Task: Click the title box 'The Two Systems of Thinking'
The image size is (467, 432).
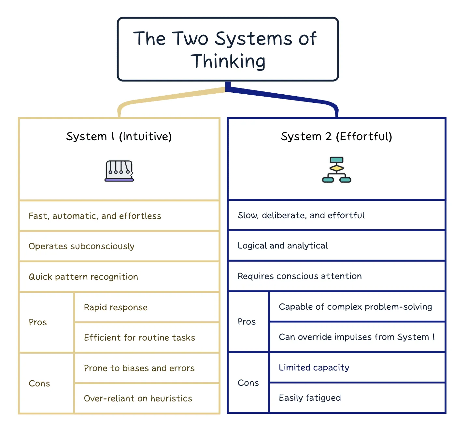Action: coord(228,49)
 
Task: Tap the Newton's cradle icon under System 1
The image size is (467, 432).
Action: coord(119,171)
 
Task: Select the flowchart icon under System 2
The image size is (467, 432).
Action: coord(336,169)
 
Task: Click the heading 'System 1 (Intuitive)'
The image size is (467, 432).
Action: coord(119,137)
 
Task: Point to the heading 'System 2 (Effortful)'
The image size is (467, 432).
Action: coord(336,137)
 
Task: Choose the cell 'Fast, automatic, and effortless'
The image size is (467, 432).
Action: coord(119,216)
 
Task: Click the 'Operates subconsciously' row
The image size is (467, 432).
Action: coord(119,246)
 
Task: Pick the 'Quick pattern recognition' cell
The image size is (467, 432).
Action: coord(119,277)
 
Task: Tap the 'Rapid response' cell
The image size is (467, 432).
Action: coord(147,307)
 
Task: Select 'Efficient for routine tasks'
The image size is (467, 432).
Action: coord(147,338)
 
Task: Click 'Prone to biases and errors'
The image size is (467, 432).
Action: coord(147,368)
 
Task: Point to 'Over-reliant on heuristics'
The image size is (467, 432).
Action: coord(147,398)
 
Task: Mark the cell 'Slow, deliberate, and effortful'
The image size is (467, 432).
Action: coord(336,215)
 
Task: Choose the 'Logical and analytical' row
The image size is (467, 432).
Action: coord(336,246)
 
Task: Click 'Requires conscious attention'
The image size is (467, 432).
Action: coord(336,276)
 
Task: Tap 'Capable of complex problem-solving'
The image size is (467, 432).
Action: coord(357,306)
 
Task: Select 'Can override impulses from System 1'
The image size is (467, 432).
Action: coord(357,337)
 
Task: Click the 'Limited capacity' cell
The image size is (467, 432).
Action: coord(357,367)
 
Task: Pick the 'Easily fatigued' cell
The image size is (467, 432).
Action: coord(357,398)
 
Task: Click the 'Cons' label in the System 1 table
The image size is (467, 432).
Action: coord(39,384)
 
